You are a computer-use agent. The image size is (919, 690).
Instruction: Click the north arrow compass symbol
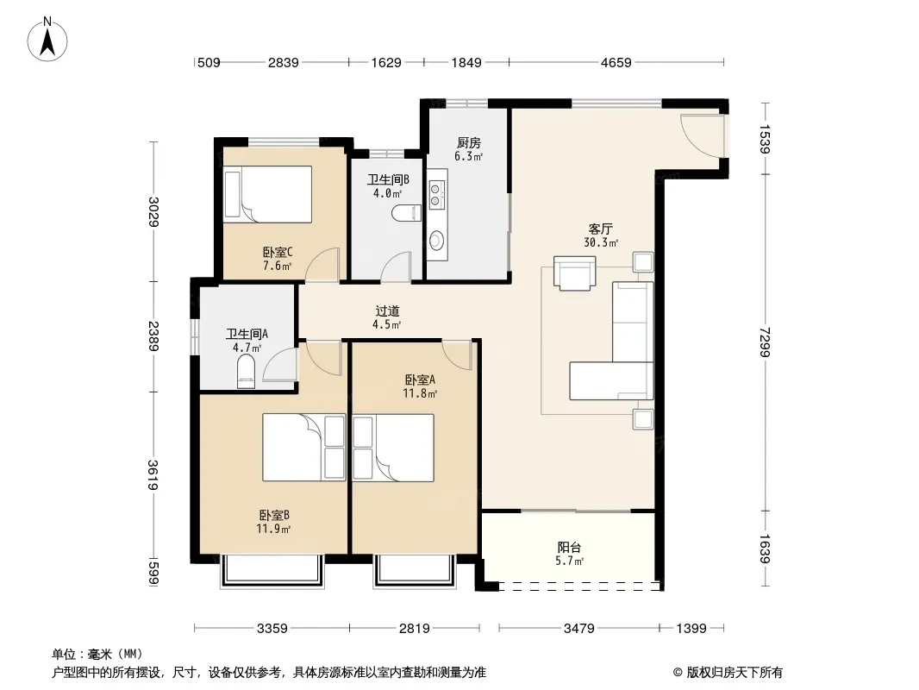(x=47, y=40)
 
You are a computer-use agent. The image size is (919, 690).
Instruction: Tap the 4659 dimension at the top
(x=616, y=63)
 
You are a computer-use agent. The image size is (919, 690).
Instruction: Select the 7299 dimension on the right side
(x=765, y=342)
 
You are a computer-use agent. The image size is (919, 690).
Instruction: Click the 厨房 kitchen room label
(x=469, y=142)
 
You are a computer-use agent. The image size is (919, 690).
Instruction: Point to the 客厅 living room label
(x=601, y=229)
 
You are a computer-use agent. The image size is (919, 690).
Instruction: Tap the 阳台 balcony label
(x=569, y=548)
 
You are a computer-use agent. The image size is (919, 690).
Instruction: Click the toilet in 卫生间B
(x=406, y=213)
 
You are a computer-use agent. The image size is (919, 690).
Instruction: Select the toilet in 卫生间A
(x=247, y=373)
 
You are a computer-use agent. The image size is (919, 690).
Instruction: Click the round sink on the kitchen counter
(x=436, y=240)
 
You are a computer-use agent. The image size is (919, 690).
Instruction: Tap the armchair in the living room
(x=574, y=273)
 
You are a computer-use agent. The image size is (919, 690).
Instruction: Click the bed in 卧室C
(x=267, y=194)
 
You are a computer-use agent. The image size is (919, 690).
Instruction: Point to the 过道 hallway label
(x=387, y=310)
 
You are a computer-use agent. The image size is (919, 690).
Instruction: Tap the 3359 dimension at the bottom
(x=272, y=629)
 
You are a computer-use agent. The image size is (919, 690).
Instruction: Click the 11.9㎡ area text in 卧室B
(x=273, y=529)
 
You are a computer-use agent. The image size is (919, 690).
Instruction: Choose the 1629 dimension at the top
(x=386, y=63)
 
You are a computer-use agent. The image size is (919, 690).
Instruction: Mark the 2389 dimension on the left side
(x=153, y=336)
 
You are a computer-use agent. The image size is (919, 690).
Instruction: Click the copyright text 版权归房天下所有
(x=735, y=673)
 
